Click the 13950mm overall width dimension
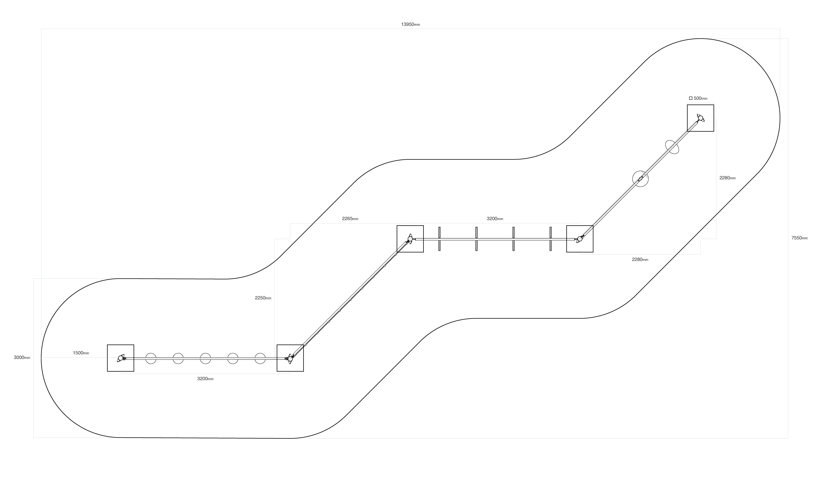410,24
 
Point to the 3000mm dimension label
22,358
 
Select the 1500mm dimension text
81,353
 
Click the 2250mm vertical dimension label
263,298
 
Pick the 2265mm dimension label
350,219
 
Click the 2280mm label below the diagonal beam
640,260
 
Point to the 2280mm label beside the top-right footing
728,178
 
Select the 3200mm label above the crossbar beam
495,219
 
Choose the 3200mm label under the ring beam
205,379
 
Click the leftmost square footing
121,358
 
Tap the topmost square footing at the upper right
700,118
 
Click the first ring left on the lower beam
151,358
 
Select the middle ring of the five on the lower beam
205,358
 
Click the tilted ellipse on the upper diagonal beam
672,147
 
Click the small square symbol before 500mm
691,98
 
